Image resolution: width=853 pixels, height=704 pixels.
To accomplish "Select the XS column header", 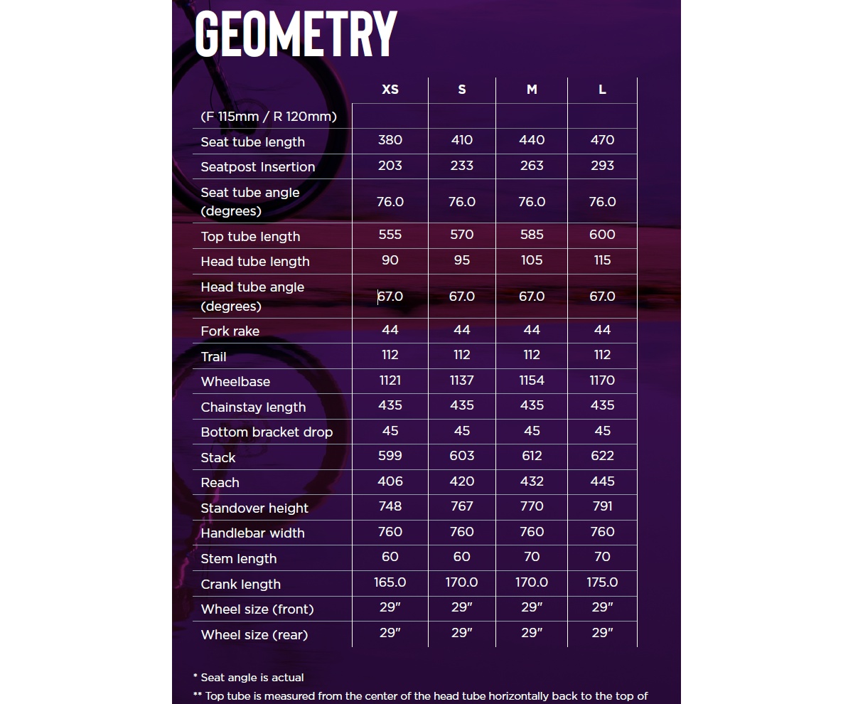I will pyautogui.click(x=390, y=90).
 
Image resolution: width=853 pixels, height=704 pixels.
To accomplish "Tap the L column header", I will pyautogui.click(x=602, y=90).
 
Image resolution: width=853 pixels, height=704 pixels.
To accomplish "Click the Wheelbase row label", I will pyautogui.click(x=235, y=382).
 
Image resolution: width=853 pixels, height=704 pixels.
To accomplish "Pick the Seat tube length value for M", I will pyautogui.click(x=532, y=140).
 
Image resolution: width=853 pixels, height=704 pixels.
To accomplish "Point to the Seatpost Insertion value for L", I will pyautogui.click(x=602, y=166).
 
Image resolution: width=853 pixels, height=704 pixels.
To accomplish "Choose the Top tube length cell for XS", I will pyautogui.click(x=390, y=235).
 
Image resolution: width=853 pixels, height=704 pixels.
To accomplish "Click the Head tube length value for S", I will pyautogui.click(x=462, y=260).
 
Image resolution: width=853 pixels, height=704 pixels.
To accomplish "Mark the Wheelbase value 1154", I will pyautogui.click(x=532, y=380).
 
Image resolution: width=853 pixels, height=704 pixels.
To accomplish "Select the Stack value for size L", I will pyautogui.click(x=602, y=456).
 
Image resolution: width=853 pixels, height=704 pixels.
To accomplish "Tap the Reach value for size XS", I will pyautogui.click(x=390, y=481).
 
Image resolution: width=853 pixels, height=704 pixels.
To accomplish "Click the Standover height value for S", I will pyautogui.click(x=462, y=506).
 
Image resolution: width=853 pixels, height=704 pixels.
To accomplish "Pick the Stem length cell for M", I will pyautogui.click(x=532, y=557).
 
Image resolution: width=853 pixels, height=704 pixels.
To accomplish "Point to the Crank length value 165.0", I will pyautogui.click(x=390, y=582).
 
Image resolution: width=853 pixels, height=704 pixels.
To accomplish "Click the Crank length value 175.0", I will pyautogui.click(x=602, y=582).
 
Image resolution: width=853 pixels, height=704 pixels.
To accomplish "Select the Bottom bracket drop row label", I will pyautogui.click(x=267, y=432).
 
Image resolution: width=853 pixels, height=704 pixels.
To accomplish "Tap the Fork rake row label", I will pyautogui.click(x=230, y=331).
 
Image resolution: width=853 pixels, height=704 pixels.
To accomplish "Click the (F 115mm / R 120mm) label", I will pyautogui.click(x=269, y=117).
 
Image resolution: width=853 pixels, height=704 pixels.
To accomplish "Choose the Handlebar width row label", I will pyautogui.click(x=252, y=533).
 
